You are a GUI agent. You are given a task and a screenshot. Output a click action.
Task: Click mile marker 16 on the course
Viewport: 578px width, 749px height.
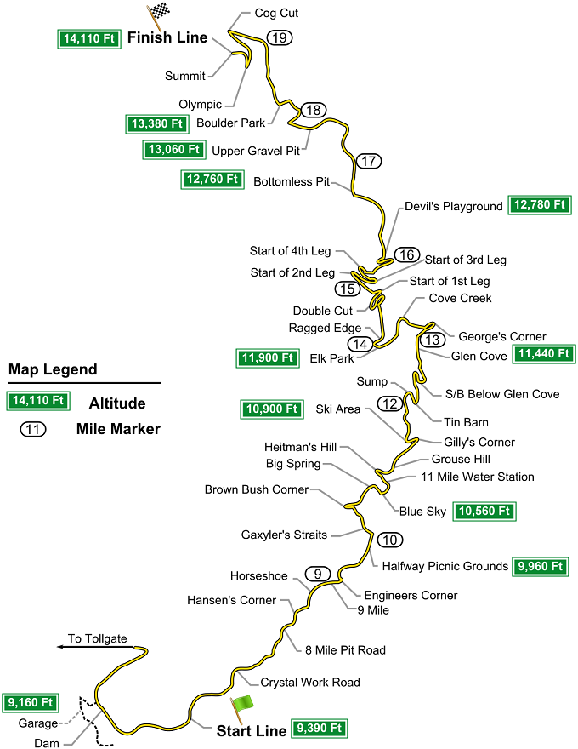pos(406,254)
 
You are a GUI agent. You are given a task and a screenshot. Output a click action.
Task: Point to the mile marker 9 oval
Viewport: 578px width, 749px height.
pos(316,574)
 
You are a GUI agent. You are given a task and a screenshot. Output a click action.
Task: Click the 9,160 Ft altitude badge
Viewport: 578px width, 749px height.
pos(30,703)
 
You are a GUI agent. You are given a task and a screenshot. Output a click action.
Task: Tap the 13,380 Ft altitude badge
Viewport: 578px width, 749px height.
pos(157,123)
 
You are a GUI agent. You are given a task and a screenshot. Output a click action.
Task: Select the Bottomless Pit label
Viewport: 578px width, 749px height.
pos(291,181)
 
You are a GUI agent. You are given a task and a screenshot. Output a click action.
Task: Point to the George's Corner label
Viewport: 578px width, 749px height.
pos(502,336)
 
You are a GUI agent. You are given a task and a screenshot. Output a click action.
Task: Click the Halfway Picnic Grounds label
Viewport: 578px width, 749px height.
pos(445,566)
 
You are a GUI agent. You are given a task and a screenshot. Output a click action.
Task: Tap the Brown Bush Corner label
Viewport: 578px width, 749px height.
pos(256,489)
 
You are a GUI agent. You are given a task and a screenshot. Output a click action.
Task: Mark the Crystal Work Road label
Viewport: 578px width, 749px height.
pos(310,682)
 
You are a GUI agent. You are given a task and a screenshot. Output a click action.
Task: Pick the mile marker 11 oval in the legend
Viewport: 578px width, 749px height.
pos(32,429)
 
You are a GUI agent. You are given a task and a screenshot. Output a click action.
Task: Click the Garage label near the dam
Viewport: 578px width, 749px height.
pos(37,723)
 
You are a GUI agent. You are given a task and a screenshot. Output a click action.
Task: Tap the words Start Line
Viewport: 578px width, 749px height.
pos(251,730)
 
